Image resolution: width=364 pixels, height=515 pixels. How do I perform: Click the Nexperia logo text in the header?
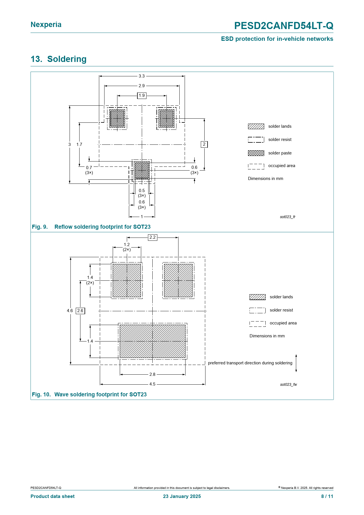(x=46, y=25)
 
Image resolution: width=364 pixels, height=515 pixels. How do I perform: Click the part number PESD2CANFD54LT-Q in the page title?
(x=284, y=26)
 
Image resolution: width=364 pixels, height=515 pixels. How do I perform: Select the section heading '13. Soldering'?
(x=59, y=59)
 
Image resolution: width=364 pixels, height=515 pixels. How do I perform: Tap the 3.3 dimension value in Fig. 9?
(x=142, y=76)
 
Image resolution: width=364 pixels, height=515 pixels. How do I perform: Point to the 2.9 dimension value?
(x=142, y=86)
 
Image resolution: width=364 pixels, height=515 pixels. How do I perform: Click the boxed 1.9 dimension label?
(x=142, y=95)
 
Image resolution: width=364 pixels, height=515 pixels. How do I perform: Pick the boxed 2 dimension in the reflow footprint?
(x=204, y=144)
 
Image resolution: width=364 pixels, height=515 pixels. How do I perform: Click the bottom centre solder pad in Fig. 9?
(x=142, y=170)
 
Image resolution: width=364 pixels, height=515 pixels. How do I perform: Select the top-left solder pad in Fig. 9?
(x=117, y=118)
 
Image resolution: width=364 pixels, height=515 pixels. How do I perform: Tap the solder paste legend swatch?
(x=256, y=153)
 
